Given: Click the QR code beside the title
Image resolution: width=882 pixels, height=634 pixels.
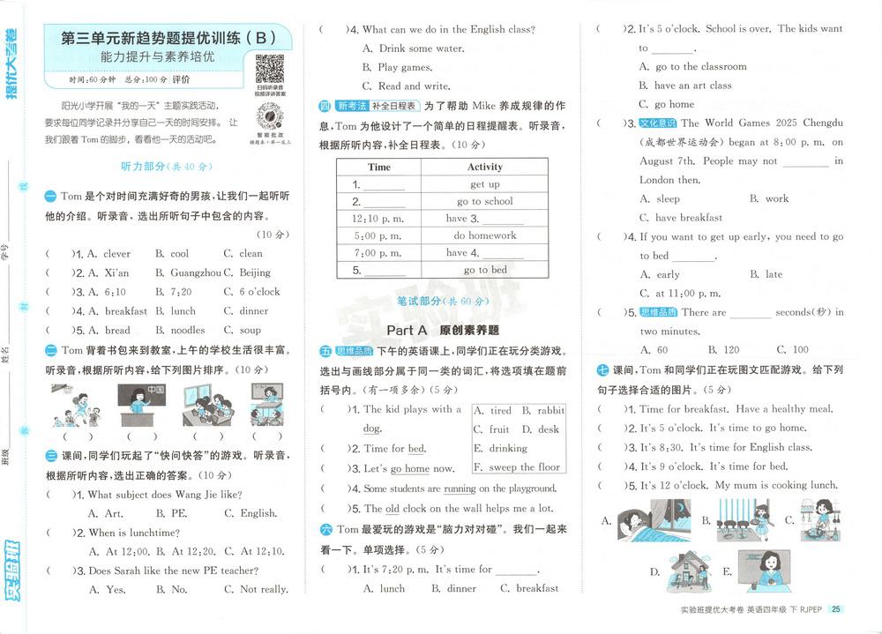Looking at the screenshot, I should click(x=269, y=68).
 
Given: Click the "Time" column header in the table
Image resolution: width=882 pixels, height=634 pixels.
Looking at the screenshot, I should click(x=379, y=167).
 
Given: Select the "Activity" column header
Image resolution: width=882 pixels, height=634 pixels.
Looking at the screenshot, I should click(x=484, y=167).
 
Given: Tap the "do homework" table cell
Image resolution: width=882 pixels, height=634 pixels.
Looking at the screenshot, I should click(x=484, y=235).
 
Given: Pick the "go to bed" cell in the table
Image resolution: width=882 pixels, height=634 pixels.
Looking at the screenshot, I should click(x=484, y=270).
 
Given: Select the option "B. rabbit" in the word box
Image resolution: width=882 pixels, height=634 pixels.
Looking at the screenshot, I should click(x=542, y=410).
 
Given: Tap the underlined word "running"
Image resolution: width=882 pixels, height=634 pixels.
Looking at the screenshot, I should click(x=460, y=489).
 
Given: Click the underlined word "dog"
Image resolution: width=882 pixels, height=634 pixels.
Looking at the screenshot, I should click(x=372, y=429).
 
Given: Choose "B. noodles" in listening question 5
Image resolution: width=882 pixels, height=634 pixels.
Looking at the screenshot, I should click(x=180, y=330).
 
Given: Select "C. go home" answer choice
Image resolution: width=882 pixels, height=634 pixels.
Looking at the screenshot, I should click(x=668, y=104).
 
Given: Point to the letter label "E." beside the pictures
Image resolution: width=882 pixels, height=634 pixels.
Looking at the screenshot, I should click(x=727, y=571).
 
